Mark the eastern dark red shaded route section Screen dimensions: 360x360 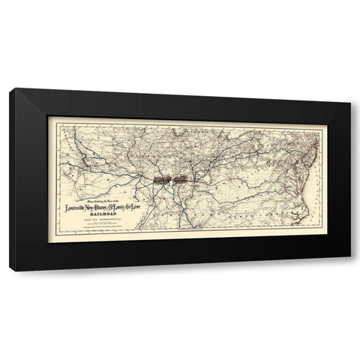coord(182,180)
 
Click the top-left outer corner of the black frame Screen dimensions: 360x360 coord(10,89)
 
